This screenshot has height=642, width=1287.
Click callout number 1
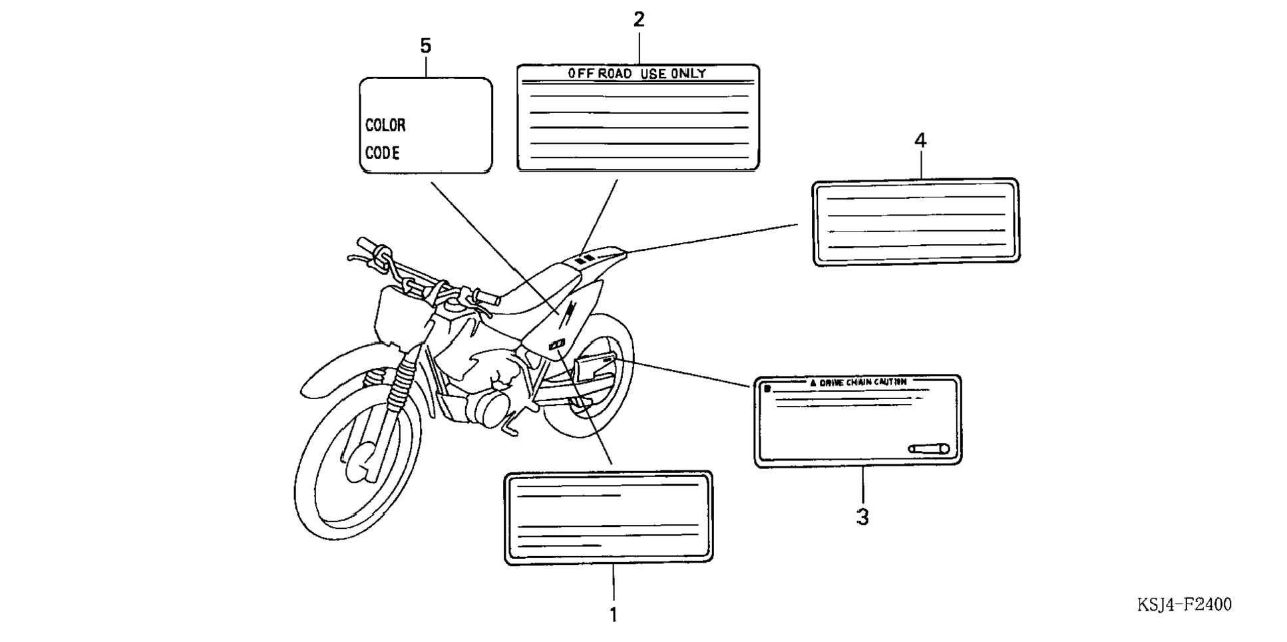613,615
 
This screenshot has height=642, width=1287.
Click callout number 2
639,20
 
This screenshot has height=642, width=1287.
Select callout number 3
862,517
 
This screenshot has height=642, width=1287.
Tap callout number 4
920,140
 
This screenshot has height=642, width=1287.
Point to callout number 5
426,46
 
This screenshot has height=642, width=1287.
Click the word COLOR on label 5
385,125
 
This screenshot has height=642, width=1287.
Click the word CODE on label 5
383,153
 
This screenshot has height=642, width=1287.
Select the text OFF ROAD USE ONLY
637,73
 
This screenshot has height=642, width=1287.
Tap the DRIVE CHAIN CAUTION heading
858,383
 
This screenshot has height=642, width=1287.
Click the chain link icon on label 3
929,449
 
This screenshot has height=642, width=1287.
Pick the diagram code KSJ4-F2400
1185,605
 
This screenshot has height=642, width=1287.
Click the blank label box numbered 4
916,222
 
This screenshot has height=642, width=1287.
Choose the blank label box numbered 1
608,518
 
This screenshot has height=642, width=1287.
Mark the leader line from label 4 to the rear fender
712,238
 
